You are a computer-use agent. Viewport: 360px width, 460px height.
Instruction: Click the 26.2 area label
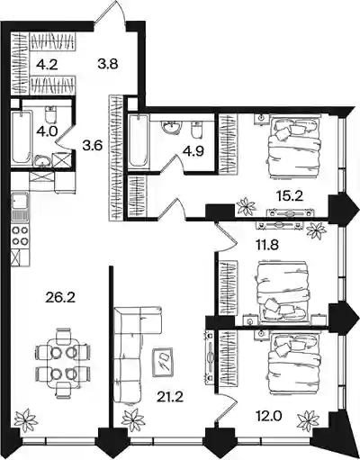click(60, 297)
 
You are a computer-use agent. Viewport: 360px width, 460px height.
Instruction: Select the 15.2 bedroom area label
click(290, 196)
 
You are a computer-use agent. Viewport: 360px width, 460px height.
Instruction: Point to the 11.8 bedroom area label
click(265, 245)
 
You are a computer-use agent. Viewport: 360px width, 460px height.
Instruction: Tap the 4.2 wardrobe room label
click(47, 65)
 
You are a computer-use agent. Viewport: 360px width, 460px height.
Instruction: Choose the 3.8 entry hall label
click(108, 64)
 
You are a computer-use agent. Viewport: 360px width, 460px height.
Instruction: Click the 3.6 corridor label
click(93, 146)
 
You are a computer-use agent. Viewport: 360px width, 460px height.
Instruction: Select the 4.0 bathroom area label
click(48, 131)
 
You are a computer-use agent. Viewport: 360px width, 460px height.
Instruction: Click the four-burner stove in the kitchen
click(21, 236)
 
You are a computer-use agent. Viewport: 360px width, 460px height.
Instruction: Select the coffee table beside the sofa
click(162, 362)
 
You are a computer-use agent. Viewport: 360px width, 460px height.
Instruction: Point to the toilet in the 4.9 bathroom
click(196, 130)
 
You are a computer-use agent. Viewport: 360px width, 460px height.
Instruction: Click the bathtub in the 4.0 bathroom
click(21, 137)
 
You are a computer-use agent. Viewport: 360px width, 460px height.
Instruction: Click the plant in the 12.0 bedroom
click(308, 419)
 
